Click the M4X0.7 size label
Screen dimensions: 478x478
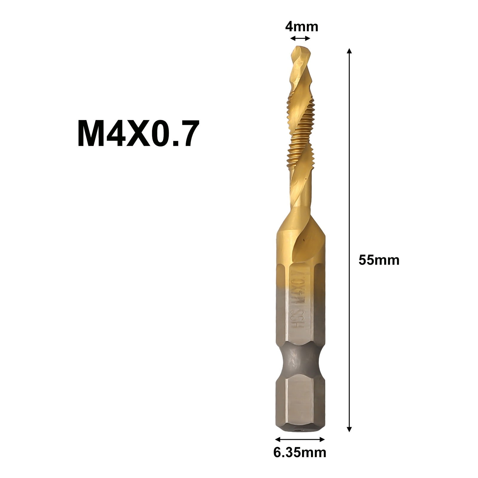pos(137,133)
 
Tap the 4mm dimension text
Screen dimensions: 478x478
pos(301,27)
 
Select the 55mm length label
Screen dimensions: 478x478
pos(379,260)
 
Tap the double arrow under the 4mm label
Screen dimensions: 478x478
pos(300,38)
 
